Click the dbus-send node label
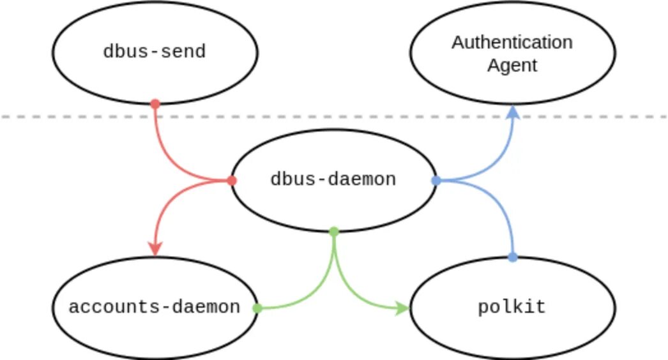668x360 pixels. [155, 52]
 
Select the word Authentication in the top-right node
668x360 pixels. [512, 43]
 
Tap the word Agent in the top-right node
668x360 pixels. [512, 65]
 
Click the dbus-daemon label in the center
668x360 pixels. [333, 179]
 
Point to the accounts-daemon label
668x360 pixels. [154, 307]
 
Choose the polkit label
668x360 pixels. [512, 307]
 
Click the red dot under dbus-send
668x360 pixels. [155, 103]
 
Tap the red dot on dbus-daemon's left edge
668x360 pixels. [232, 181]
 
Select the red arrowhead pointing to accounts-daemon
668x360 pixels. [155, 249]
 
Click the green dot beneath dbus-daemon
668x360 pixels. [333, 231]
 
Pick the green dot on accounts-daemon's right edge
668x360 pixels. [257, 308]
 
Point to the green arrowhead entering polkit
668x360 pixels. [402, 308]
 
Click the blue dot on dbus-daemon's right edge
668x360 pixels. [436, 181]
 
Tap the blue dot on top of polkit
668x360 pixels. [512, 257]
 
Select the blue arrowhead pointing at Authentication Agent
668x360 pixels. [512, 112]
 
